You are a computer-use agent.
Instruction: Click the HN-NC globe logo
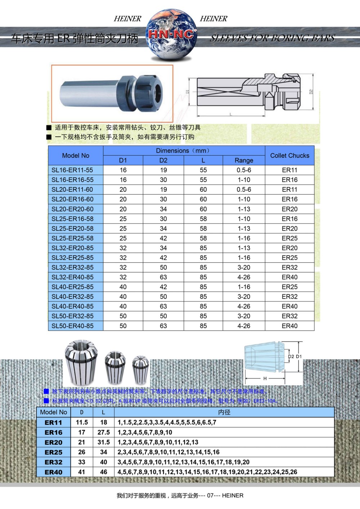[172, 35]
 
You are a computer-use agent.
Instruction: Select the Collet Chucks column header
[289, 156]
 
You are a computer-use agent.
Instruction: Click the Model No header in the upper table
[76, 156]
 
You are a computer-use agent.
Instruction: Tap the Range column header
[244, 160]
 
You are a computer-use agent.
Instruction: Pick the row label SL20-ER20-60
[72, 209]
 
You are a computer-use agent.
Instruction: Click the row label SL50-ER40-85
[72, 326]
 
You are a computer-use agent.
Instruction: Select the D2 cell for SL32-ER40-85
[163, 277]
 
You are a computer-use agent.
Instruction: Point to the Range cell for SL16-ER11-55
[244, 170]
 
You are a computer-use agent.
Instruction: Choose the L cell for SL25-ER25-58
[203, 238]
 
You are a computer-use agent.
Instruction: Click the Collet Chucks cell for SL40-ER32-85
[289, 296]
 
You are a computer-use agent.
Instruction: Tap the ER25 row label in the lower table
[54, 452]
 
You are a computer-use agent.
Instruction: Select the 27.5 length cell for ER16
[103, 432]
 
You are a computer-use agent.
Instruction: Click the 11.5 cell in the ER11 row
[82, 422]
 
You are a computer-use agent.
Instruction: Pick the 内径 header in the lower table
[224, 412]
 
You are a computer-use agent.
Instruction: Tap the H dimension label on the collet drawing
[265, 378]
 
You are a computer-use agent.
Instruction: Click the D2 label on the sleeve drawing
[311, 91]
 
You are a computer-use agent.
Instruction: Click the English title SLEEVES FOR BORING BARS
[273, 38]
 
